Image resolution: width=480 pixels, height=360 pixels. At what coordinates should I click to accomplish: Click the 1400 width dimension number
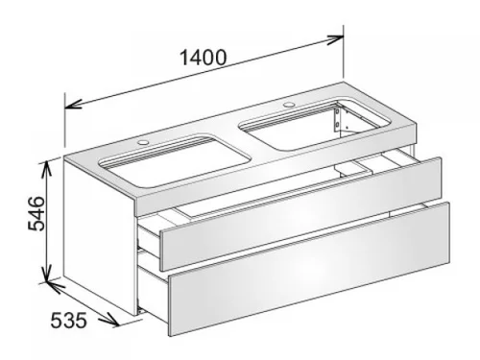(x=204, y=58)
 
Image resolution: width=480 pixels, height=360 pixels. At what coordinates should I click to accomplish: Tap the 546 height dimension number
(x=36, y=213)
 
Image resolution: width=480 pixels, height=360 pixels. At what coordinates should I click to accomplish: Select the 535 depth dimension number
(x=68, y=321)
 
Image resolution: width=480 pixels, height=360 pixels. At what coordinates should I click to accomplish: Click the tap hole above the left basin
(x=143, y=141)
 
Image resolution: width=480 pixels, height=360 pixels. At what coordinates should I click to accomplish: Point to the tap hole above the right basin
(x=289, y=105)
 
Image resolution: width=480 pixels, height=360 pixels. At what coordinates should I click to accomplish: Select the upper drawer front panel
(x=300, y=214)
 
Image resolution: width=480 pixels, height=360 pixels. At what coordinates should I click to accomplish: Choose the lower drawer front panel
(x=309, y=269)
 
